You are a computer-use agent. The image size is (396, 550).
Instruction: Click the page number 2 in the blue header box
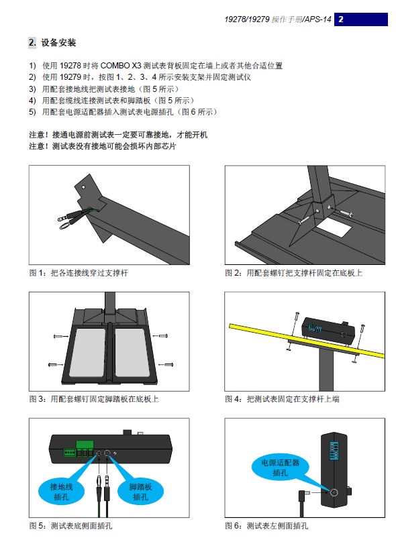point(340,19)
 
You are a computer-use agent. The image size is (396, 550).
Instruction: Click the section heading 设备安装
point(58,43)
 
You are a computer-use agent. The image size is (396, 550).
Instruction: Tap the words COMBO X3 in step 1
point(121,66)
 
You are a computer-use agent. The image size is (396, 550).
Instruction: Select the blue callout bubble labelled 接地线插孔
point(62,492)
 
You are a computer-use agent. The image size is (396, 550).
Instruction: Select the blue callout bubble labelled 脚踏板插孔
point(140,492)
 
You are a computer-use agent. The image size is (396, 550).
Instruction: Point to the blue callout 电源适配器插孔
point(280,467)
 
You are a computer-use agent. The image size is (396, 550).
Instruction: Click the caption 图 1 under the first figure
point(79,273)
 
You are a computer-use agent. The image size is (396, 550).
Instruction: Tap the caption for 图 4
point(283,399)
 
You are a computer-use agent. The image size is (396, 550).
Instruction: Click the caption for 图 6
point(267,526)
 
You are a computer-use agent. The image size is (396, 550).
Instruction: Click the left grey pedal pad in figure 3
point(87,352)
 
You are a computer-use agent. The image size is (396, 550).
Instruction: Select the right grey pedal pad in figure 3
point(132,352)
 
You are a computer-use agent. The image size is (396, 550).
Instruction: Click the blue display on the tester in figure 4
point(315,329)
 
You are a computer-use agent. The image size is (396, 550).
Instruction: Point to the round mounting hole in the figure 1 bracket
point(83,187)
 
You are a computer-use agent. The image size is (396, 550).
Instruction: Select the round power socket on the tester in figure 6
point(334,492)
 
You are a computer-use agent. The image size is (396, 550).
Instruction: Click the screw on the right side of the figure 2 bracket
point(346,213)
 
